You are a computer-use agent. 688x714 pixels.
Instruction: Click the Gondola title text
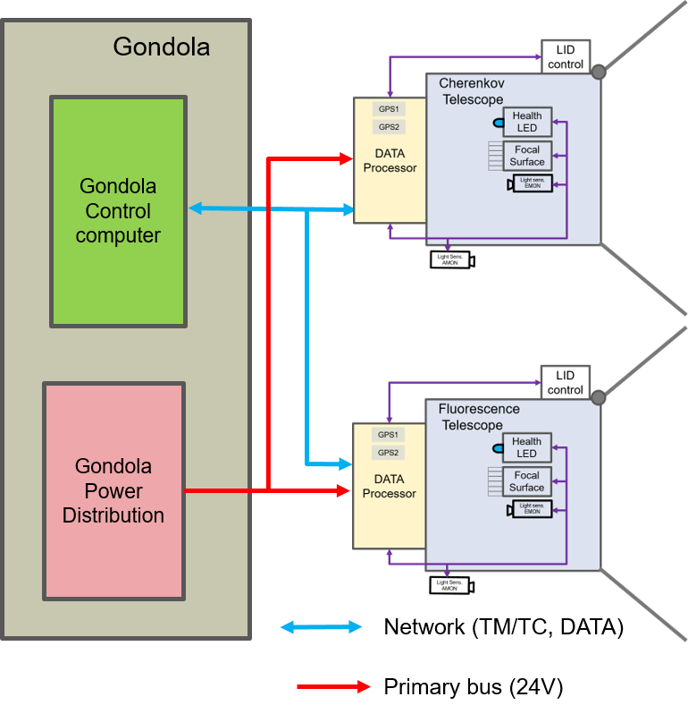point(161,47)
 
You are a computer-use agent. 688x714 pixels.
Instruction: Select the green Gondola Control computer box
point(118,212)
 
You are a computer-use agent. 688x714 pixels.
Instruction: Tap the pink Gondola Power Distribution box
point(113,491)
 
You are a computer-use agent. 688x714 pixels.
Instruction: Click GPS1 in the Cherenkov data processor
point(389,109)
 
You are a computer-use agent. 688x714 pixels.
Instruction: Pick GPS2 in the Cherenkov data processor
point(389,127)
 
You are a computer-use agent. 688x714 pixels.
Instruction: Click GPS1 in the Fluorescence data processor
point(389,435)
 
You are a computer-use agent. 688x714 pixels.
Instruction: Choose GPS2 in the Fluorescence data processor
point(389,453)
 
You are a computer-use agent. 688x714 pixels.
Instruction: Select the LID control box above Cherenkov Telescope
point(565,57)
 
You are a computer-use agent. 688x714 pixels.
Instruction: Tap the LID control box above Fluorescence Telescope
point(565,383)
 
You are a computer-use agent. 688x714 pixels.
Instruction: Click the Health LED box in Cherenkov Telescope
point(527,122)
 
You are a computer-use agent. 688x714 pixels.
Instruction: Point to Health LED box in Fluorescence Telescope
point(527,447)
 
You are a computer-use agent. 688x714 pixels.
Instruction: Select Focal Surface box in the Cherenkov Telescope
point(527,156)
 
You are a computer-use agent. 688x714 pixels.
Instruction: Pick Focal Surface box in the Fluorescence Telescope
point(527,481)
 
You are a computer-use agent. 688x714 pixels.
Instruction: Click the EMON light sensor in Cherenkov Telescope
point(532,184)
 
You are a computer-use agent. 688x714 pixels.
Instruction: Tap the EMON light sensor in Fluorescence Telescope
point(532,510)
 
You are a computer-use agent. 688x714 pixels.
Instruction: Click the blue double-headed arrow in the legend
point(321,627)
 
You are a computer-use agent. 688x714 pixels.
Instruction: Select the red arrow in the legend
point(333,687)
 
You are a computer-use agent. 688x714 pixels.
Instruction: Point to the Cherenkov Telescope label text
point(472,91)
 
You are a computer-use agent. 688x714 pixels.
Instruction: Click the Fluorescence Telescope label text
point(478,417)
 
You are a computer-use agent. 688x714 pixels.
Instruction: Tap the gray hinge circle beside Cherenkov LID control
point(598,72)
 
